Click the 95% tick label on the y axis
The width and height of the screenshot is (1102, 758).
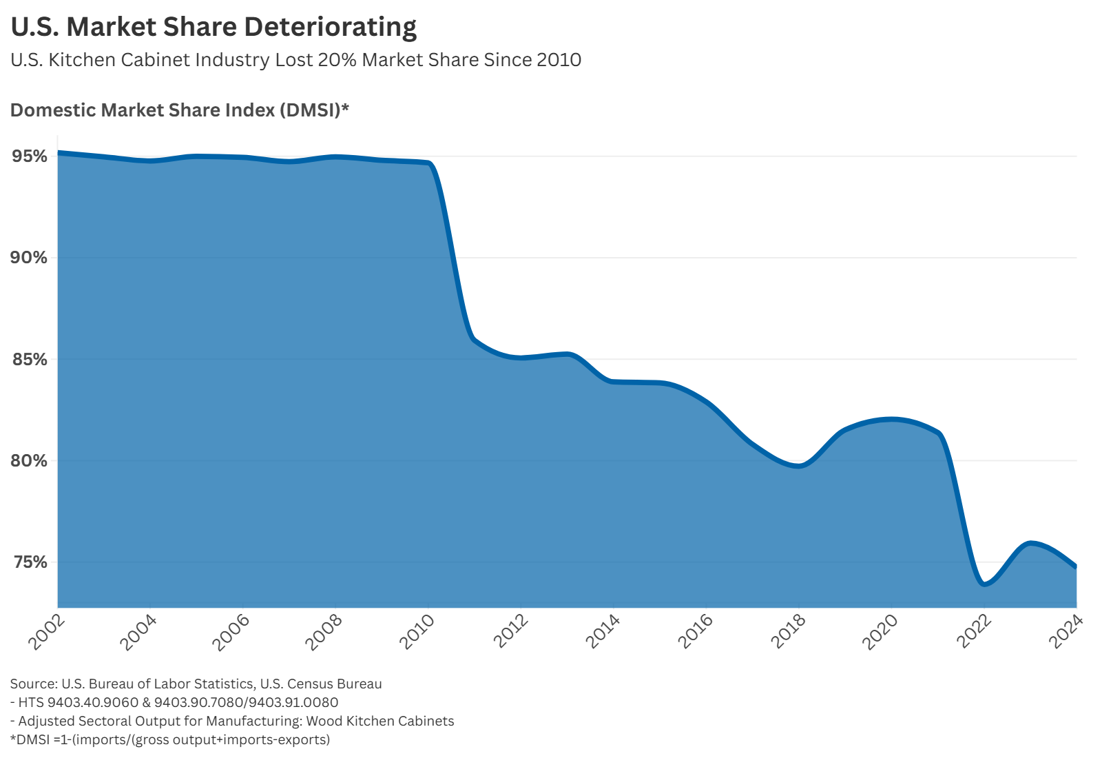pyautogui.click(x=29, y=156)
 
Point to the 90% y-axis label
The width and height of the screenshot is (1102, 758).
pyautogui.click(x=29, y=258)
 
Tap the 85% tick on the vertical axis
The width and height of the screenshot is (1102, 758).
pyautogui.click(x=29, y=360)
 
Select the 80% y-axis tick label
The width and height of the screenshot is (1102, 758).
pyautogui.click(x=29, y=461)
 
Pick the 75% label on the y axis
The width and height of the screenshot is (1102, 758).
pyautogui.click(x=29, y=562)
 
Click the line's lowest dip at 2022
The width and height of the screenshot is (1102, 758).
pyautogui.click(x=984, y=584)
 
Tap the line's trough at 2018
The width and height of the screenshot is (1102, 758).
pyautogui.click(x=798, y=466)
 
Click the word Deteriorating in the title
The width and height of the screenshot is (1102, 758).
pyautogui.click(x=330, y=27)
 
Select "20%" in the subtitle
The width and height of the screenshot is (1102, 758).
pyautogui.click(x=337, y=60)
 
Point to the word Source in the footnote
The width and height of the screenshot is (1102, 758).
pyautogui.click(x=33, y=684)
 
